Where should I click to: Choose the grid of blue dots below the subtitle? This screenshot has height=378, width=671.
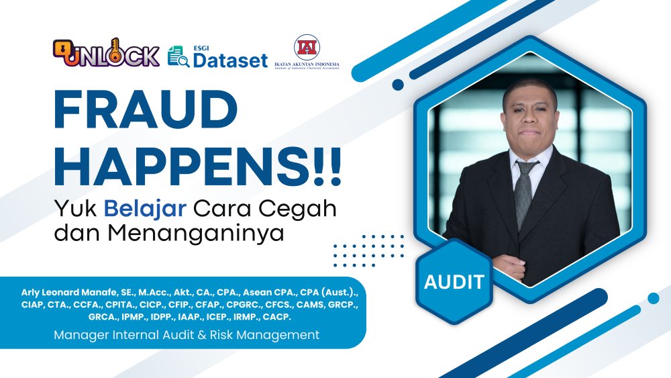point(368,250)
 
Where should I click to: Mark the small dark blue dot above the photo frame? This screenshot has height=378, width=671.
point(398,85)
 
